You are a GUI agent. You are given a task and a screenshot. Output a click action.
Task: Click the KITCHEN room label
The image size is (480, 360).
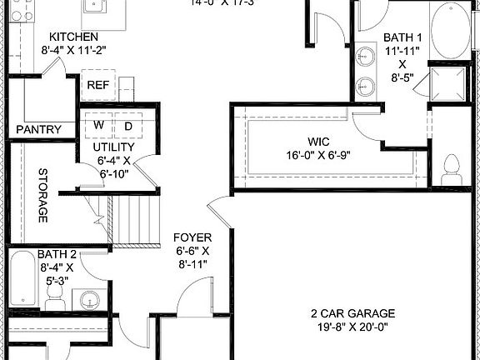click(x=73, y=37)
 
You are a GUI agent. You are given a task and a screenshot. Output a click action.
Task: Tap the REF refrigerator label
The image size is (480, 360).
click(x=98, y=84)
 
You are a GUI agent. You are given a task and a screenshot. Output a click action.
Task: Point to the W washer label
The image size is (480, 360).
click(x=98, y=125)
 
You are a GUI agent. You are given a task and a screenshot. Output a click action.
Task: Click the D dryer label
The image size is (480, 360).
click(x=128, y=125)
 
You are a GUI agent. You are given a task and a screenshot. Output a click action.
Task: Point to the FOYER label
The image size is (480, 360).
click(x=191, y=237)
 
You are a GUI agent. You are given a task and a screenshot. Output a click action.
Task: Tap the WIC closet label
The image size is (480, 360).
click(x=320, y=141)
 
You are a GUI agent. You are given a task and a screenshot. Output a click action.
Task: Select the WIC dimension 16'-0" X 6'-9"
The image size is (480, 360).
click(x=320, y=154)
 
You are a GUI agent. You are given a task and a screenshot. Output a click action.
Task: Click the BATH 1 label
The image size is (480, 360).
click(x=402, y=37)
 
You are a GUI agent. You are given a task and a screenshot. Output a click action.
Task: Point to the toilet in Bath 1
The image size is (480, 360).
click(x=453, y=169)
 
